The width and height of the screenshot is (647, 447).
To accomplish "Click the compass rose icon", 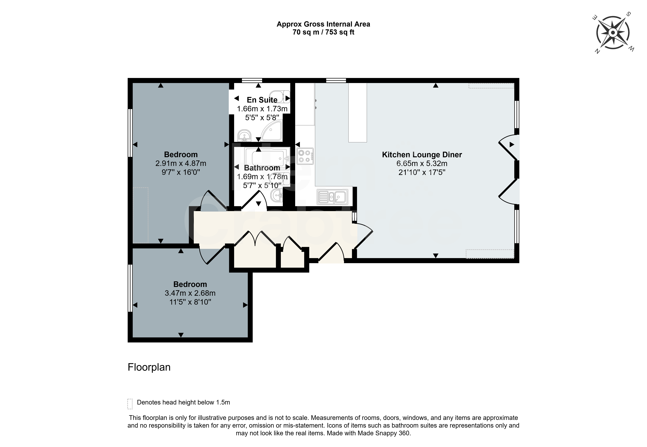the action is click(613, 33).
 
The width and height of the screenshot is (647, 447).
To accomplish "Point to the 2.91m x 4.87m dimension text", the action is click(181, 163).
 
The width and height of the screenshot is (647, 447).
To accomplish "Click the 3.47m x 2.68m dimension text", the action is click(190, 293).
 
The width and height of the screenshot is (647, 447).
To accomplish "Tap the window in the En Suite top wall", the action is click(252, 81).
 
